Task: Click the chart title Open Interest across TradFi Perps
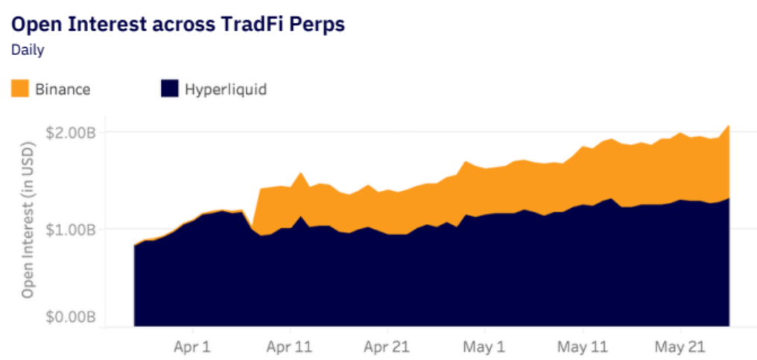tap(178, 25)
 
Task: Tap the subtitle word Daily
tap(28, 50)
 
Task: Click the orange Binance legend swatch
tap(20, 89)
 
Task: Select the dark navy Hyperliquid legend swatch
tap(169, 89)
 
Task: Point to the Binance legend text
tap(63, 89)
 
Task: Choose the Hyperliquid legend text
tap(226, 89)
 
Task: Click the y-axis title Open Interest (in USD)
tap(30, 219)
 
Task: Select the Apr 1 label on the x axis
tap(193, 347)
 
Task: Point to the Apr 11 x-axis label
tap(290, 347)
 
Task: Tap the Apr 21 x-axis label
tap(387, 347)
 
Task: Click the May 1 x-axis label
tap(485, 347)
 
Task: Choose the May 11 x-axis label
tap(583, 347)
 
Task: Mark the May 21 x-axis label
tap(681, 347)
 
